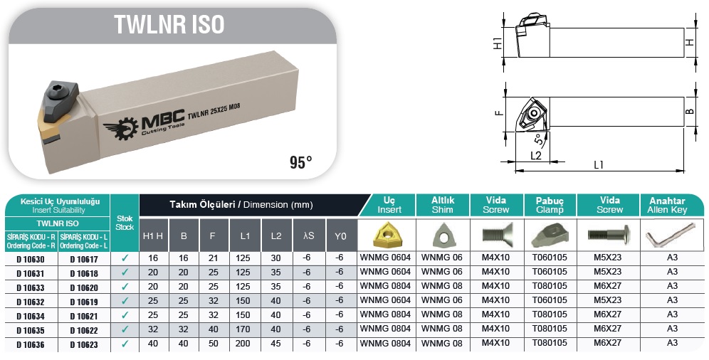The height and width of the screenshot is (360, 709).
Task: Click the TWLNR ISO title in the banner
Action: (x=169, y=24)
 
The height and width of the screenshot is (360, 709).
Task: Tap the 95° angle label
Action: (x=300, y=162)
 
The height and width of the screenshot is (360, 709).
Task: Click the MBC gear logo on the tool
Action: (x=120, y=128)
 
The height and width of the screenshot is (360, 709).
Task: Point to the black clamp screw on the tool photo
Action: (x=61, y=92)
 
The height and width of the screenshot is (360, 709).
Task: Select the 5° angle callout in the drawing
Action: (x=538, y=139)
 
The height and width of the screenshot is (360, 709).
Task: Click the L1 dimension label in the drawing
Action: (x=599, y=165)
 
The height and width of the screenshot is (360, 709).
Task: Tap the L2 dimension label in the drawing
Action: (x=536, y=155)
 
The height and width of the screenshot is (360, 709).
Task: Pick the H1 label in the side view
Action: (x=498, y=43)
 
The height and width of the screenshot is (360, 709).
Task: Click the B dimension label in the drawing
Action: (x=690, y=111)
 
